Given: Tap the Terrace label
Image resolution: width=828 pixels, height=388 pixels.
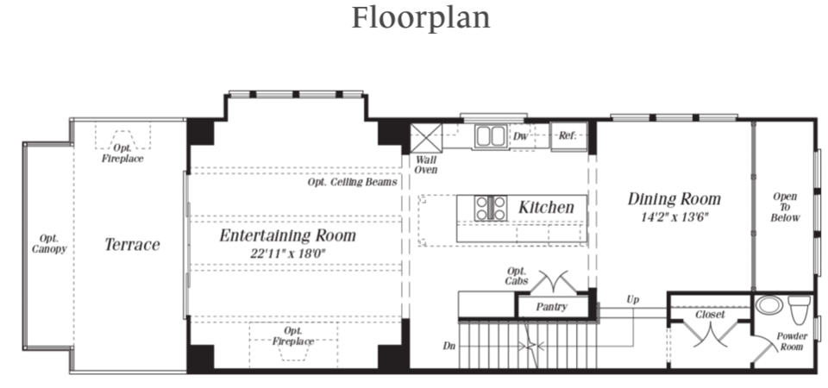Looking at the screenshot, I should pyautogui.click(x=132, y=245).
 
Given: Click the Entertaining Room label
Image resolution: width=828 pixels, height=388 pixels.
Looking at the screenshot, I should pyautogui.click(x=286, y=235).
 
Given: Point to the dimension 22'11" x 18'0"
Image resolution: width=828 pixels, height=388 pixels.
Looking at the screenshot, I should pyautogui.click(x=286, y=253).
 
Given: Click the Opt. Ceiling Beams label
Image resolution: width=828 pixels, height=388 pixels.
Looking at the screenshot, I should pyautogui.click(x=352, y=183).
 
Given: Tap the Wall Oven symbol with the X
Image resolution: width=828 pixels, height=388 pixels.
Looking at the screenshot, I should pyautogui.click(x=425, y=137).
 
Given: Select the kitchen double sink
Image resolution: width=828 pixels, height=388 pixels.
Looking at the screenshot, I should pyautogui.click(x=491, y=136).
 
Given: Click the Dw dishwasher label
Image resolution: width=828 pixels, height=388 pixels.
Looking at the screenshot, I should pyautogui.click(x=520, y=136).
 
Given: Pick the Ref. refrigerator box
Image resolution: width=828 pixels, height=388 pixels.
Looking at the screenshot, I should pyautogui.click(x=568, y=136).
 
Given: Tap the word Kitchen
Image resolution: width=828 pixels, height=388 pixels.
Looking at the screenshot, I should pyautogui.click(x=546, y=208).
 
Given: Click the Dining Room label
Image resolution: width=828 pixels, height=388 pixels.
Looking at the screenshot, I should pyautogui.click(x=674, y=199).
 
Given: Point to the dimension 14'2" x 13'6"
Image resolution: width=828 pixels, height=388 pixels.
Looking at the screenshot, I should pyautogui.click(x=674, y=217).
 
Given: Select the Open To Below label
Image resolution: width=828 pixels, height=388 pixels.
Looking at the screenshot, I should pyautogui.click(x=785, y=207).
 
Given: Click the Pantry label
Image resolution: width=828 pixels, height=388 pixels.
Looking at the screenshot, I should pyautogui.click(x=550, y=307).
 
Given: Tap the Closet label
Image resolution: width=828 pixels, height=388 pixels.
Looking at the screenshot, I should pyautogui.click(x=710, y=315).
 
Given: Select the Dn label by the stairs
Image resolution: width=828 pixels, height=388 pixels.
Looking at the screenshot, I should pyautogui.click(x=448, y=346).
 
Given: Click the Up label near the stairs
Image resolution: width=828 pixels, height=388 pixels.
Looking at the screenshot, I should pyautogui.click(x=632, y=300).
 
